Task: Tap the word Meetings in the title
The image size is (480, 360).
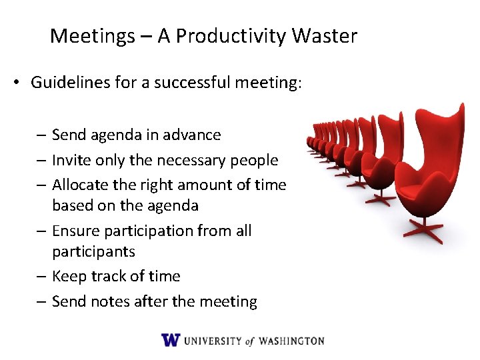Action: coord(92,36)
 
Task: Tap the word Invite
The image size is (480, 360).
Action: coord(69,160)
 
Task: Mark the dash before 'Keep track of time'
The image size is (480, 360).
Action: coord(41,276)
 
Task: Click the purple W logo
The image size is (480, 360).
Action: coord(171,340)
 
